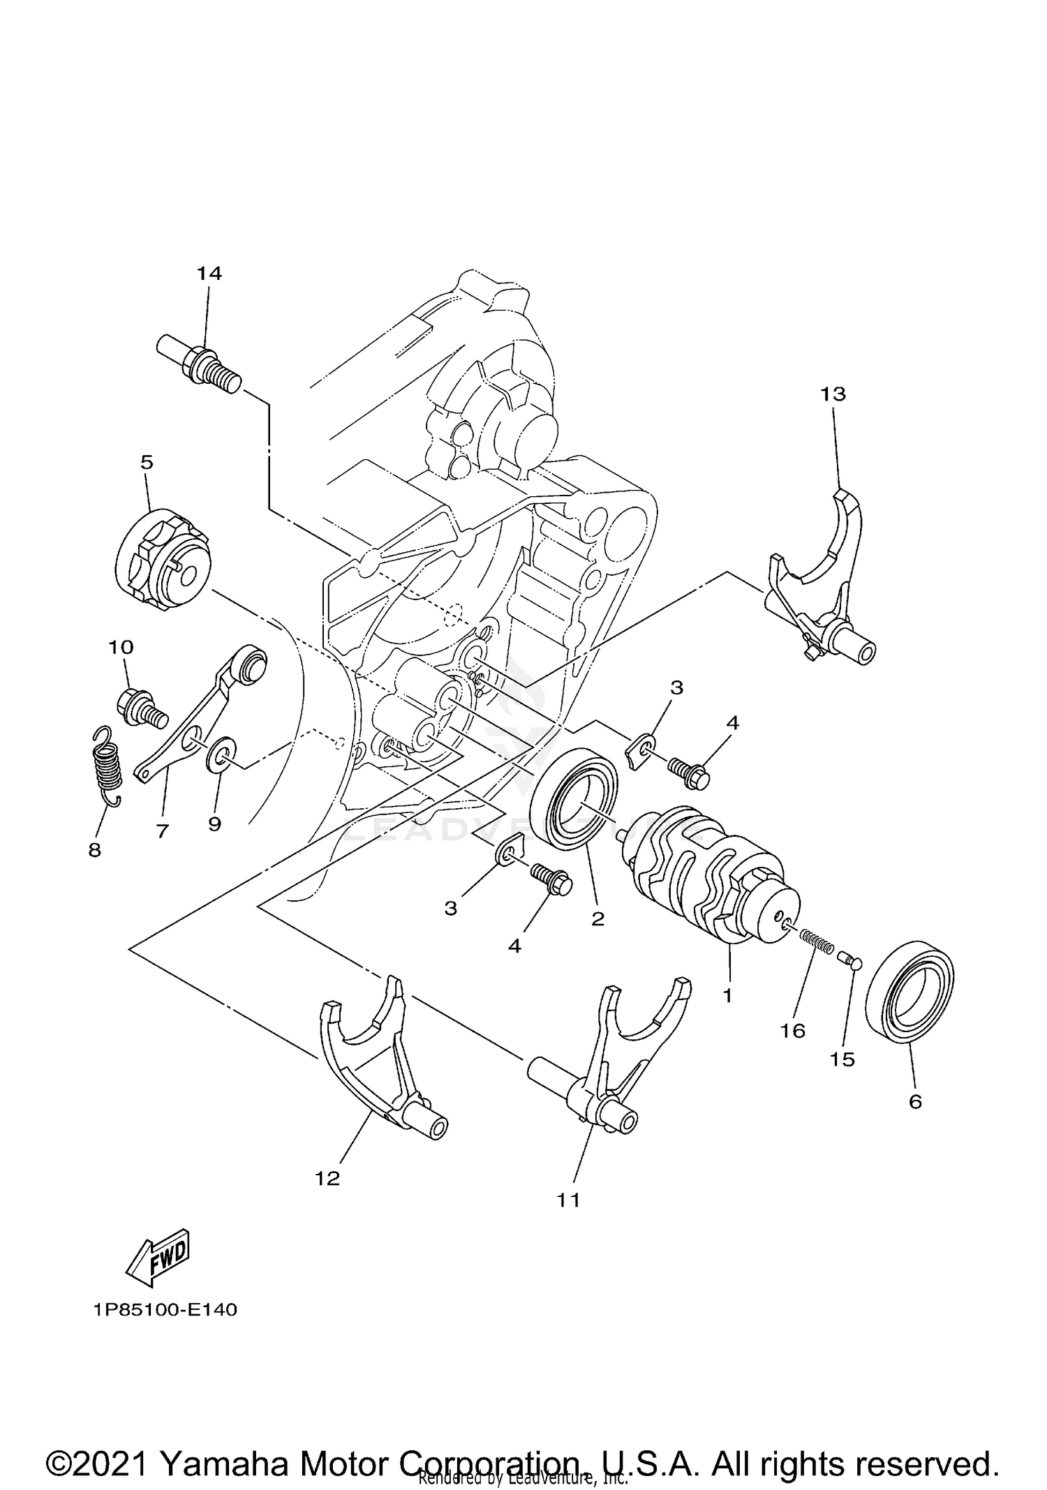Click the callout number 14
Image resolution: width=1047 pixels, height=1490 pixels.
coord(209,274)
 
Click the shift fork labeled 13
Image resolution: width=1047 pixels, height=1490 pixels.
coord(820,579)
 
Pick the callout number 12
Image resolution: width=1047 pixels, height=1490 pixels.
coord(327,1179)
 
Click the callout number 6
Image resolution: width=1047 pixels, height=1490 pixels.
coord(915,1102)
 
